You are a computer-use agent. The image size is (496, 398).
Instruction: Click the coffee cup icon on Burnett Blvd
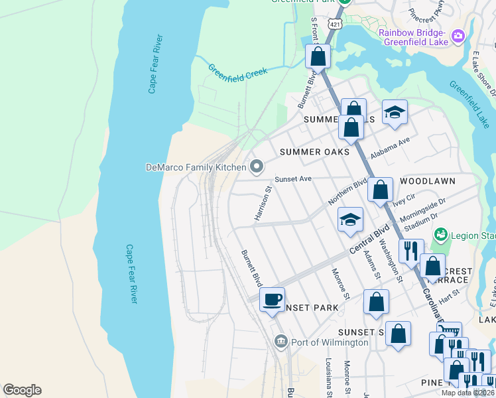click(272, 299)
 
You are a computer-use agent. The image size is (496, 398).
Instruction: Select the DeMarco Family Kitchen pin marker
click(256, 166)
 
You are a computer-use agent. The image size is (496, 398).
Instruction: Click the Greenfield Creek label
click(237, 72)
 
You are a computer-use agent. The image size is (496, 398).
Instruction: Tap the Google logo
click(22, 390)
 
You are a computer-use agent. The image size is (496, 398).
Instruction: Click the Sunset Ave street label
click(292, 178)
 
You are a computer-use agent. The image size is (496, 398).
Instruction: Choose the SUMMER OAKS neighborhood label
click(314, 152)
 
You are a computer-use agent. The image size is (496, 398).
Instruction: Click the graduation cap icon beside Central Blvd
click(350, 220)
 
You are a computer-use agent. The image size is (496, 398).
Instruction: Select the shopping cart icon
click(450, 331)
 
